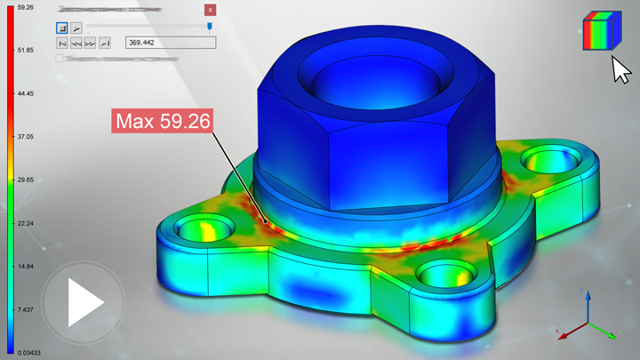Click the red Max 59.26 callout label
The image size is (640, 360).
point(161,121)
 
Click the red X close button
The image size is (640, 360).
point(210,10)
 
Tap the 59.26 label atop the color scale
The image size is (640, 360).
point(25,7)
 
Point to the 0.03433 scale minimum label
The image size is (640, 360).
point(28,353)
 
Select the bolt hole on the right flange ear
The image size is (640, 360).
point(543,162)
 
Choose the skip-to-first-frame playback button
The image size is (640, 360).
point(62,42)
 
